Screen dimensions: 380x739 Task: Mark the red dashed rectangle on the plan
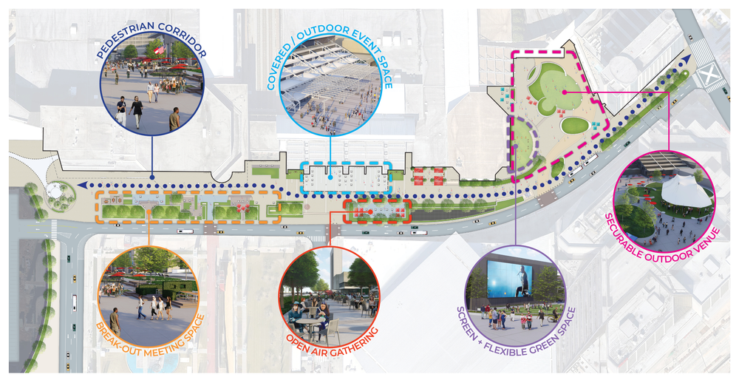click(x=377, y=211)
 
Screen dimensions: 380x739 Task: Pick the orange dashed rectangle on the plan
click(x=188, y=206)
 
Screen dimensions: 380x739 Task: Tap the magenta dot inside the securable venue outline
click(x=564, y=92)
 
